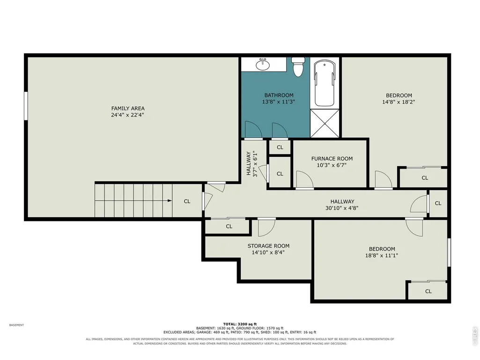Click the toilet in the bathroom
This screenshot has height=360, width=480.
(297, 66)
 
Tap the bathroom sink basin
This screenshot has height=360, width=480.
(263, 65)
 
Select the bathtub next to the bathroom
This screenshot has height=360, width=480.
(325, 83)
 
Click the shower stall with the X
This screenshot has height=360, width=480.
(325, 123)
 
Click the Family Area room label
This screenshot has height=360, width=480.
(128, 108)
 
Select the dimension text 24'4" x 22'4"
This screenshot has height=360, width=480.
(128, 115)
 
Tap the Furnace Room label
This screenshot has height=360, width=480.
(332, 159)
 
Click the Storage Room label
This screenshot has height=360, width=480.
(268, 246)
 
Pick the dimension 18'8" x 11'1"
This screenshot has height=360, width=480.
(382, 255)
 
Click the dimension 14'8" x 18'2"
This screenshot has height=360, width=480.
(399, 102)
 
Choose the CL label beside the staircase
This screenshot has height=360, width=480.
(187, 201)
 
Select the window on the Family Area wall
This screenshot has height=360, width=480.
(26, 106)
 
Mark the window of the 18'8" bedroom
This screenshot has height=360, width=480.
(449, 252)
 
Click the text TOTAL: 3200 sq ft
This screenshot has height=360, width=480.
(240, 324)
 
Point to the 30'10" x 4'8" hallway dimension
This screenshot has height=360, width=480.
(342, 208)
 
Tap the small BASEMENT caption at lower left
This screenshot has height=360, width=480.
(16, 325)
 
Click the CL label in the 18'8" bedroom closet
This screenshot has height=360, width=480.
(428, 292)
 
